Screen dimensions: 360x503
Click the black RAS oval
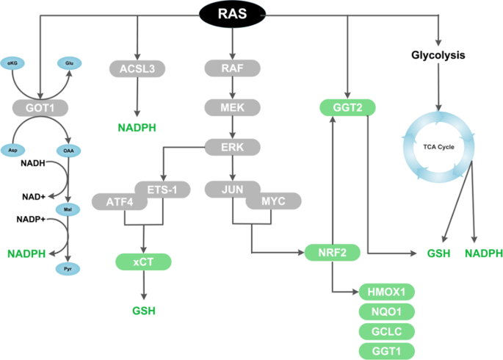231,13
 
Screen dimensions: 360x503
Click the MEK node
232,108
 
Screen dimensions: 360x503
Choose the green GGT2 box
347,108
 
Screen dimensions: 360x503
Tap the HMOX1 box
386,292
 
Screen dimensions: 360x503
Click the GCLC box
386,331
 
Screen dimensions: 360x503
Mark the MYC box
273,200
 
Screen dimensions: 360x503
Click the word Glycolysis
439,55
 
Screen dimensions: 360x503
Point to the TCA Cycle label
439,147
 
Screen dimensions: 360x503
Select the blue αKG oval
12,63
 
